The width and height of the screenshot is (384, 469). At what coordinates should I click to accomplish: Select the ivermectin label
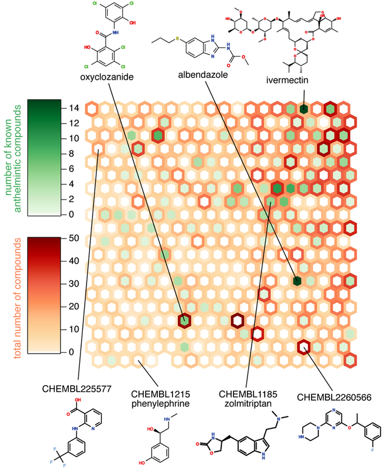coord(290,80)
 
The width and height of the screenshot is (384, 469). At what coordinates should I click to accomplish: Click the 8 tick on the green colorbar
coord(71,154)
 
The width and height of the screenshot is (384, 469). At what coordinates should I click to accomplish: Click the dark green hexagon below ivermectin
coord(303,109)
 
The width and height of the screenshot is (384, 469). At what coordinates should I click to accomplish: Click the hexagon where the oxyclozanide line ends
coord(185,320)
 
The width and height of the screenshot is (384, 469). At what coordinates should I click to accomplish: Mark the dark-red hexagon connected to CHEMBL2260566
coord(303,347)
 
